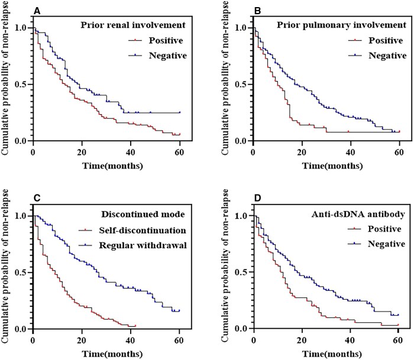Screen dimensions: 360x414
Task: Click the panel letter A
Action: pos(37,10)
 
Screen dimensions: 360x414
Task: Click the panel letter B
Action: pos(256,10)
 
